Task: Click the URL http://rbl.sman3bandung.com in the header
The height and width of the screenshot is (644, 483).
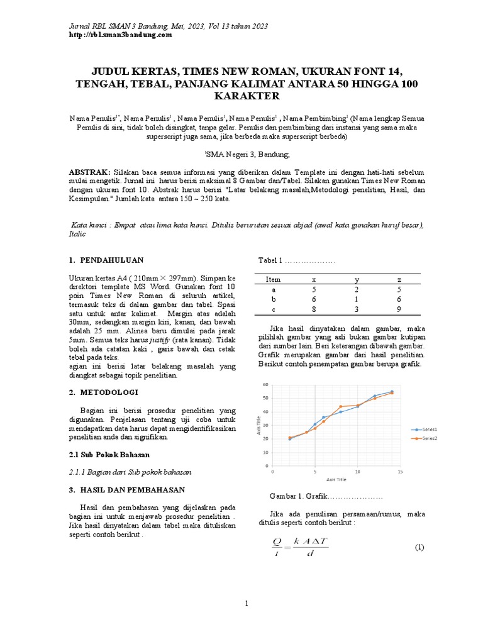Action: coord(119,35)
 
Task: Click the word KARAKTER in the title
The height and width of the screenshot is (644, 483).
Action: coord(241,96)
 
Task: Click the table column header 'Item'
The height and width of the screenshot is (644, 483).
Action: coord(273,279)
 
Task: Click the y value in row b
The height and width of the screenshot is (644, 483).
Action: coord(357,299)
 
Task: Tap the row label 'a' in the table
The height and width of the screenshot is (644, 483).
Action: coord(273,289)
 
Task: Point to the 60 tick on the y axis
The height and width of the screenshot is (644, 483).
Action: coord(265,384)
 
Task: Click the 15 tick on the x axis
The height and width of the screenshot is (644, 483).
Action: coord(401,471)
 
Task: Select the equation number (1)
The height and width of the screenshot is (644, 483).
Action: coord(419,547)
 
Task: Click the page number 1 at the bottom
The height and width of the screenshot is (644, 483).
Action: coord(247,604)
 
